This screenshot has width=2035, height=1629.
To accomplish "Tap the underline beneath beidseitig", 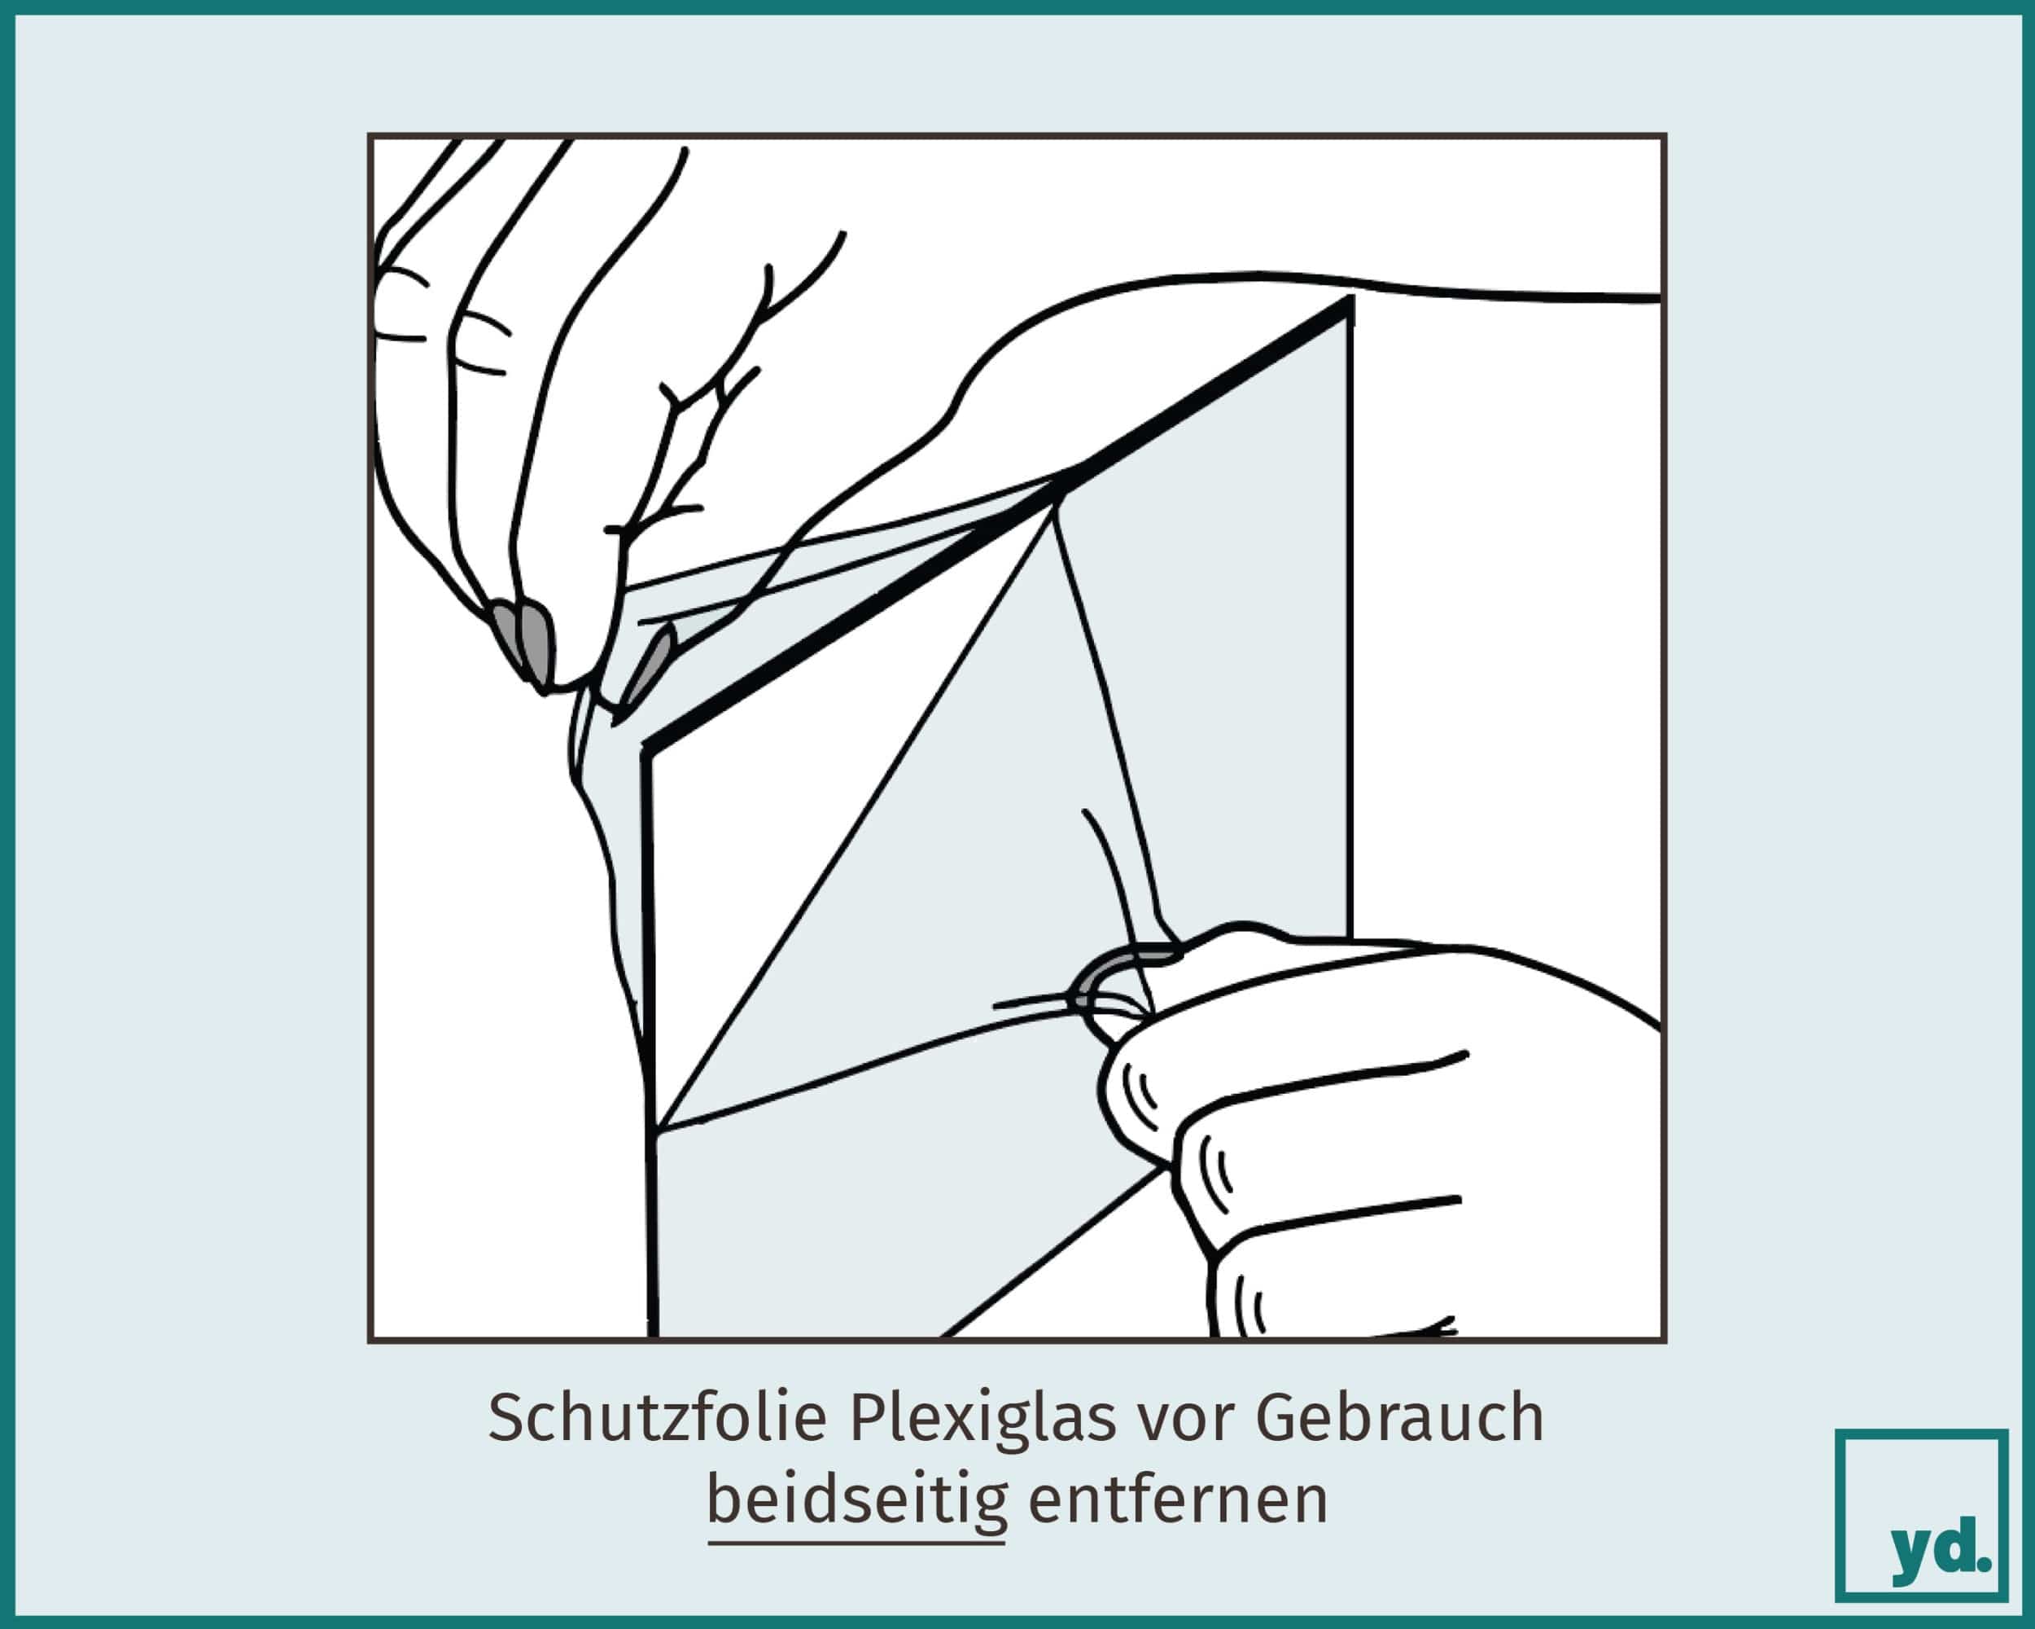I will pos(857,1543).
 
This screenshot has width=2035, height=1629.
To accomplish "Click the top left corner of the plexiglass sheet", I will pos(646,752).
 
